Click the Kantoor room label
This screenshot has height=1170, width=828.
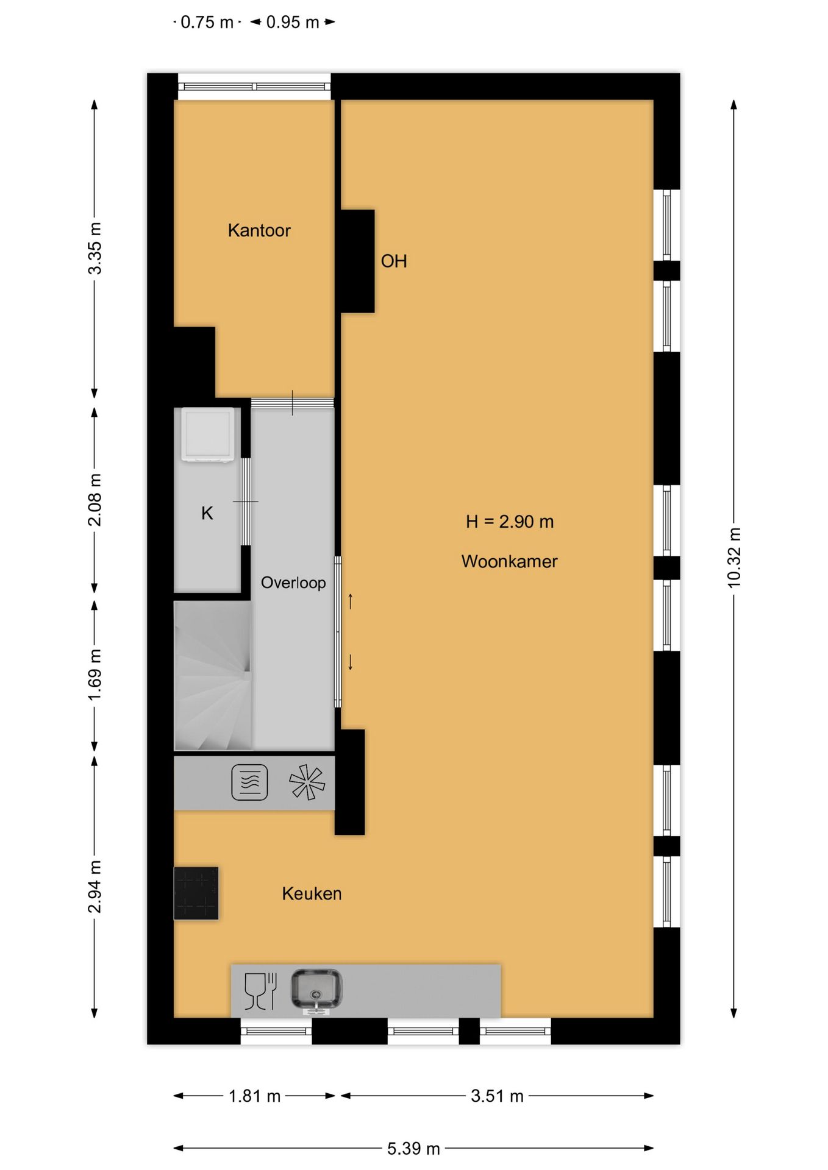point(259,230)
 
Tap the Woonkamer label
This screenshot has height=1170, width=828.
point(509,561)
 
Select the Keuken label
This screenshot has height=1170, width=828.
point(312,893)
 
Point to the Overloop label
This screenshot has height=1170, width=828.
point(293,583)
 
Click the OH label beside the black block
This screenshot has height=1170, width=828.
point(394,261)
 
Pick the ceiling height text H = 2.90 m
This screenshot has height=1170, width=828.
point(510,522)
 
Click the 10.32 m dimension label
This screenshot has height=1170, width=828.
point(734,558)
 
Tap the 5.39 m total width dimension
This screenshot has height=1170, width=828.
point(413,1148)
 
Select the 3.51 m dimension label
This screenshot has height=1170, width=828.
point(497,1096)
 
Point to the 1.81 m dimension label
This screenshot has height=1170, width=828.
point(254,1096)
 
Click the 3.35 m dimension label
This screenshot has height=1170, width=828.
point(95,249)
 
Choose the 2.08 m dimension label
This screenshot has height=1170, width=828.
point(95,500)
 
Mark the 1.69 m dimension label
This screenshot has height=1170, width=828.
point(95,675)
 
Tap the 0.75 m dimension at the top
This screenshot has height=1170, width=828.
point(207,23)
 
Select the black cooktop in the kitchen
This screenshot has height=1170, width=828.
point(196,893)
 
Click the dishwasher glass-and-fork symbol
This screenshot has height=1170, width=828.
point(260,991)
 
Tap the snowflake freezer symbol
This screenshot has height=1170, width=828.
point(307,782)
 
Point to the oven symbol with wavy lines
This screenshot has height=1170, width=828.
point(249,782)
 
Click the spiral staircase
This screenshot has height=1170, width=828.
point(213,676)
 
